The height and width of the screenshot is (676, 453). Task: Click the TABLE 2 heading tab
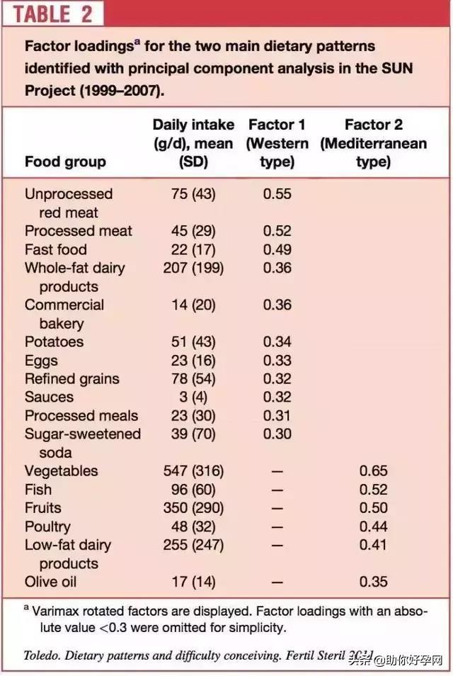[x=52, y=14]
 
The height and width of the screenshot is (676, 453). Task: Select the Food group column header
[x=65, y=162]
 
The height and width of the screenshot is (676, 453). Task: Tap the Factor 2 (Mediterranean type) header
[x=373, y=143]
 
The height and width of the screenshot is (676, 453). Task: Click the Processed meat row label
[x=79, y=231]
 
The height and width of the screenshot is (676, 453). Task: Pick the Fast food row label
[x=56, y=249]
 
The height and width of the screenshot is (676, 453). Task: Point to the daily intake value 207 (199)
[x=193, y=268]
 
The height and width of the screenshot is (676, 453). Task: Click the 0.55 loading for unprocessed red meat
[x=277, y=194]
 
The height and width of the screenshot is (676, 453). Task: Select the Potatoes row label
[x=54, y=342]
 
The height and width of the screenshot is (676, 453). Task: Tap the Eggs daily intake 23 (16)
[x=193, y=360]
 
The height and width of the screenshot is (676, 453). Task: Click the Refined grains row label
[x=72, y=378]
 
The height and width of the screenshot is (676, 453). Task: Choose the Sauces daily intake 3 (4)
[x=193, y=397]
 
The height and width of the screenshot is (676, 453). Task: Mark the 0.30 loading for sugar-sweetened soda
[x=277, y=434]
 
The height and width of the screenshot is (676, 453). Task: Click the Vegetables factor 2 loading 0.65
[x=373, y=471]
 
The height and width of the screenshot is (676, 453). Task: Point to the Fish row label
[x=38, y=489]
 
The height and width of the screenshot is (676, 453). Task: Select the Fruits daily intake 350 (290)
[x=193, y=507]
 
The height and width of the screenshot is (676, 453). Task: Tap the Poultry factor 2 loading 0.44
[x=373, y=526]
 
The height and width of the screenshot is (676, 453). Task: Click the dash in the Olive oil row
[x=277, y=582]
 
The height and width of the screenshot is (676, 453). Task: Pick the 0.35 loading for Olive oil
[x=373, y=582]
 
